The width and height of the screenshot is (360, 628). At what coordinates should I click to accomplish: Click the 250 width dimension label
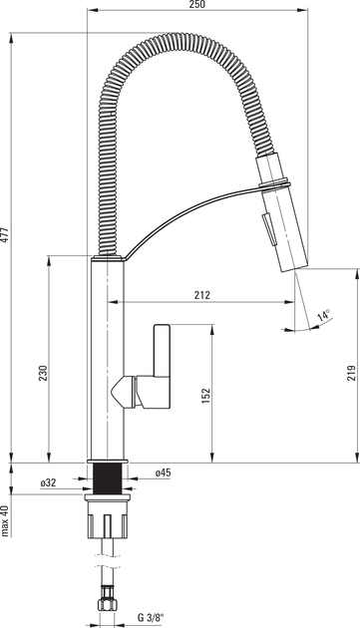[196, 4]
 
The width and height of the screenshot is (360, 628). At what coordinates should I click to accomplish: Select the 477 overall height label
[4, 235]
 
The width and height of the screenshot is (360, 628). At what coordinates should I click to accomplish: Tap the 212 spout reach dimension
[202, 295]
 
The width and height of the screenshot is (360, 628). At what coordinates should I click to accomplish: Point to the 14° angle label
[323, 315]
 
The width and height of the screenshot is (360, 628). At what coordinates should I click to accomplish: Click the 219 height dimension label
[352, 373]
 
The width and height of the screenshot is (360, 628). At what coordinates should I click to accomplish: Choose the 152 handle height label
[206, 396]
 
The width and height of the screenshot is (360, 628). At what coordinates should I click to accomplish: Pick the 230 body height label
[43, 373]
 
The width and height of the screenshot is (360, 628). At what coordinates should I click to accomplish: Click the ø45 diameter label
[164, 472]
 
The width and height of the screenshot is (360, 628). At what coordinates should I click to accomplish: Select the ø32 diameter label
[48, 483]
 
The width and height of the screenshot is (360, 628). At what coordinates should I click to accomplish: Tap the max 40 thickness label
[5, 520]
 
